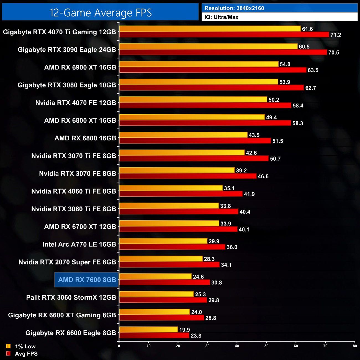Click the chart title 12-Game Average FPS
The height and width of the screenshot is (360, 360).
pyautogui.click(x=100, y=13)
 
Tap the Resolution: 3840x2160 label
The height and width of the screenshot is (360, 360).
pyautogui.click(x=234, y=8)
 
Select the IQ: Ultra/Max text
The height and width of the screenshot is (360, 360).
pyautogui.click(x=221, y=17)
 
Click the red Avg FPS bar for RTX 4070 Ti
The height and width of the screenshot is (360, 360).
pyautogui.click(x=224, y=35)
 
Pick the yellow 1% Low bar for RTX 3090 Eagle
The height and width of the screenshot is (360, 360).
pyautogui.click(x=208, y=47)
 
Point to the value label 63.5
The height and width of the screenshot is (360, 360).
pyautogui.click(x=313, y=70)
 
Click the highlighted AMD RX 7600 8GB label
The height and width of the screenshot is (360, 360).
pyautogui.click(x=87, y=280)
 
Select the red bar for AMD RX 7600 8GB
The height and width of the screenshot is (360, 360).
pyautogui.click(x=164, y=282)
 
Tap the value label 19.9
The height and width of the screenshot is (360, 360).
pyautogui.click(x=184, y=330)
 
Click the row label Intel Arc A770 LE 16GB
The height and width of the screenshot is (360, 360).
pyautogui.click(x=79, y=244)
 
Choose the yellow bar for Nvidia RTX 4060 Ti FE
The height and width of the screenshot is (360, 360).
pyautogui.click(x=171, y=188)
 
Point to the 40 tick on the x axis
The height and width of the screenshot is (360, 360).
pyautogui.click(x=237, y=346)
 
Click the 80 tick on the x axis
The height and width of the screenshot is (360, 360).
pyautogui.click(x=355, y=346)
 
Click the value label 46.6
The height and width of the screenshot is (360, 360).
pyautogui.click(x=263, y=176)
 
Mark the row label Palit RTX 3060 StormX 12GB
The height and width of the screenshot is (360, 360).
pyautogui.click(x=71, y=297)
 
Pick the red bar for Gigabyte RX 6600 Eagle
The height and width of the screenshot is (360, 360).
pyautogui.click(x=154, y=336)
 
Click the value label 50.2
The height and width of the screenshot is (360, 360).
pyautogui.click(x=274, y=100)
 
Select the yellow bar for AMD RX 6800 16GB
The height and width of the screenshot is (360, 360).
pyautogui.click(x=183, y=135)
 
